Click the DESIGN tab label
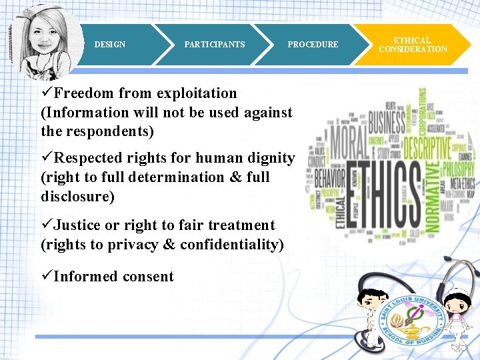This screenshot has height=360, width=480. click(x=110, y=45)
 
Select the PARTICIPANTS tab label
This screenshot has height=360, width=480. click(x=215, y=45)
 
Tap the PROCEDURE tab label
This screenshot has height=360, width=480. click(x=313, y=45)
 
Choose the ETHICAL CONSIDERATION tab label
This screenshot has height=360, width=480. click(x=413, y=45)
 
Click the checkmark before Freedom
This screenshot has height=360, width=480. click(x=47, y=93)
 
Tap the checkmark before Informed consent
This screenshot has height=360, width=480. click(x=47, y=277)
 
